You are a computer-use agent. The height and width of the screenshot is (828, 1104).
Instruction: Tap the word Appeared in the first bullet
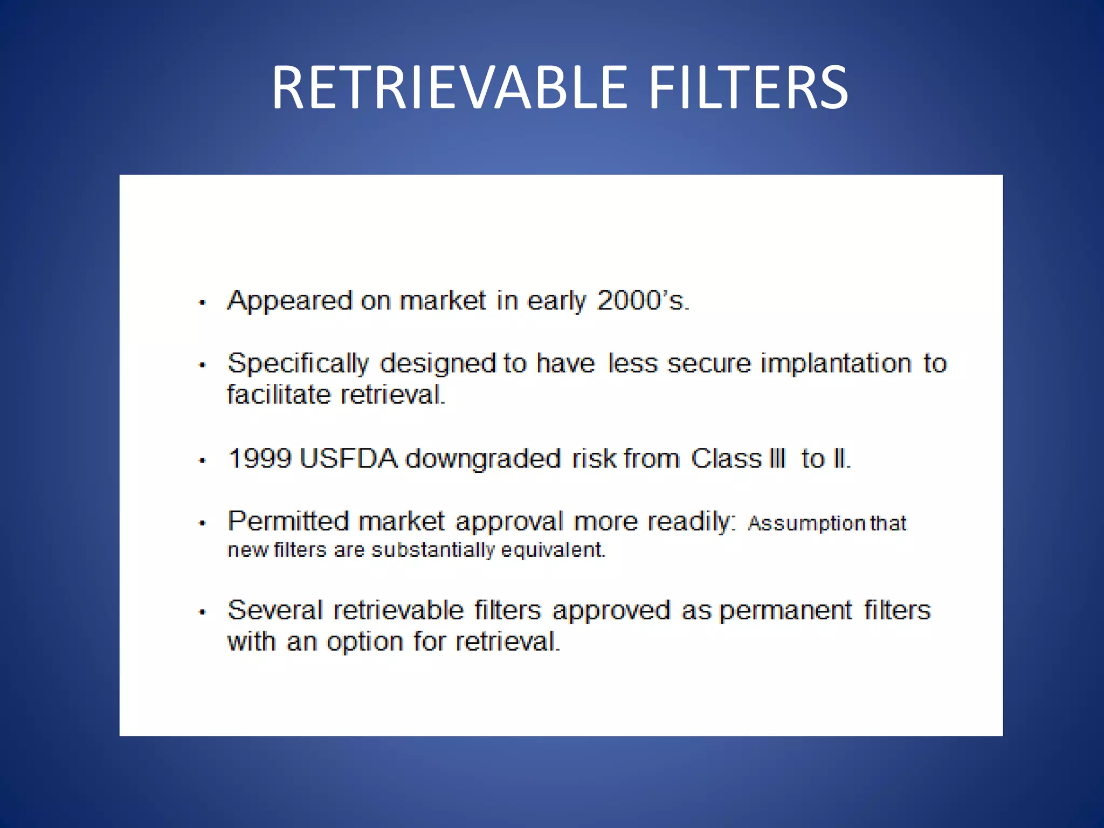pos(289,301)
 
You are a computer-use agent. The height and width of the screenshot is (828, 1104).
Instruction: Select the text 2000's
pos(643,301)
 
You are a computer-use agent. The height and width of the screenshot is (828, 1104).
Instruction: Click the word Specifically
pos(298,364)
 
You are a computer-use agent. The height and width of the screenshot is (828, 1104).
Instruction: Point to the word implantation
pos(836,363)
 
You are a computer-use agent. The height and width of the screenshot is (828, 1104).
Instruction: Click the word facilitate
pos(278,395)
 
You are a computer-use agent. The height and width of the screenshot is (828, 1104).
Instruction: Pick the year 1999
pos(259,459)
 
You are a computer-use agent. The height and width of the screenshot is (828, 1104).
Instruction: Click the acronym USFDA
pos(348,459)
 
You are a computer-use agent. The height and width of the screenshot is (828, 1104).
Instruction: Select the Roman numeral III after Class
pos(776,459)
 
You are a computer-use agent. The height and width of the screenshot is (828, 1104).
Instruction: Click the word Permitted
pos(288,521)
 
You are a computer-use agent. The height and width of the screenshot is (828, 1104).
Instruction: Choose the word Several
pos(275,611)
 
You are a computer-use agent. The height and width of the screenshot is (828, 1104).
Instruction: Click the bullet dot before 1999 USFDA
pos(202,461)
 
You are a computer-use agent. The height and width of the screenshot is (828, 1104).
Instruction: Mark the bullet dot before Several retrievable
pos(202,612)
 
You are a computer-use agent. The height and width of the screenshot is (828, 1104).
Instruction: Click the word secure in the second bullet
pos(709,363)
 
